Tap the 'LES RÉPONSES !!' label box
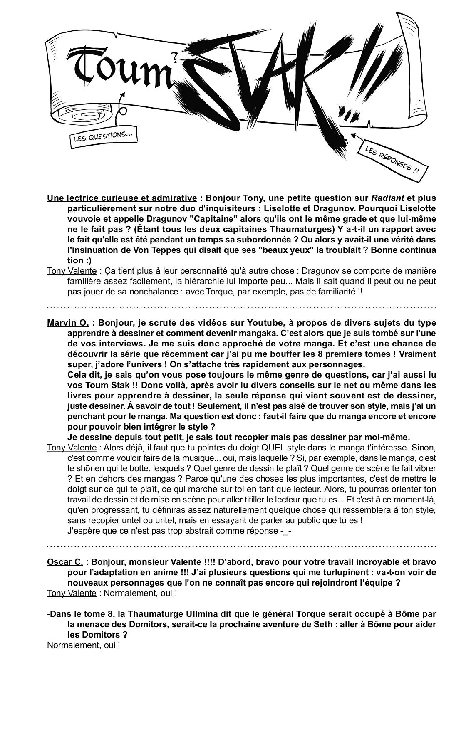tap(392, 161)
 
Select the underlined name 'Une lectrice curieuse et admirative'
tap(122, 198)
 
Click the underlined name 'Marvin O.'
tap(68, 323)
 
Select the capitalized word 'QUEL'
tap(273, 448)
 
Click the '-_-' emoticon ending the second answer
tap(286, 531)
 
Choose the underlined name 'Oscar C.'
tap(65, 562)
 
